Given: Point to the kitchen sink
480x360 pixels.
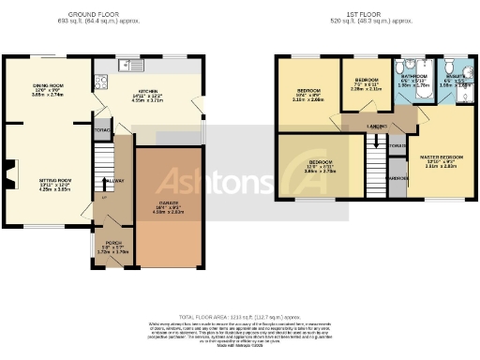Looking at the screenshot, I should (x=126, y=65).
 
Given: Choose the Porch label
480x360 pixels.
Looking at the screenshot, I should (x=113, y=248).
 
